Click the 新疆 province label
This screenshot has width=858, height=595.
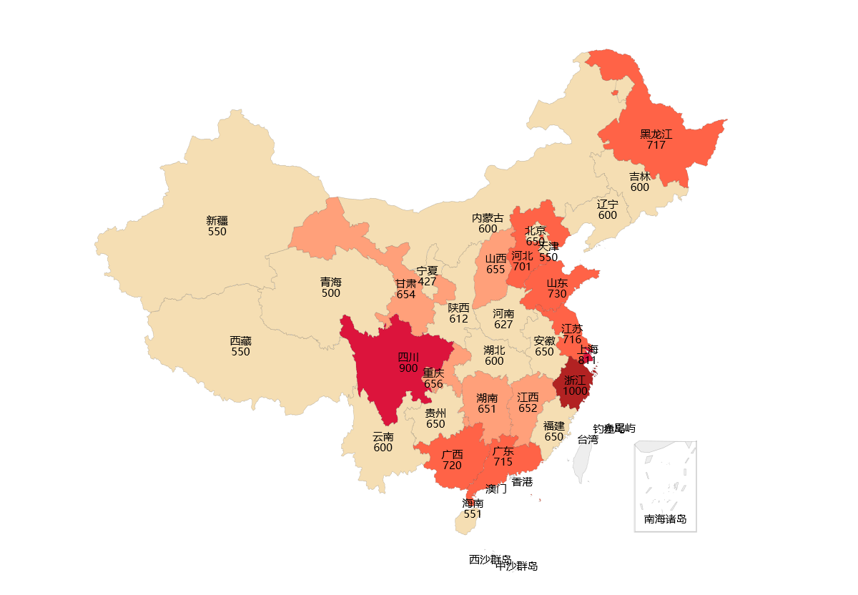[x=217, y=220]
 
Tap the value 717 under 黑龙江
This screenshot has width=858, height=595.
[x=656, y=145]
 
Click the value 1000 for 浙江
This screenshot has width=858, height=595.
[x=575, y=391]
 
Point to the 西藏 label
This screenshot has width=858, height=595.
[x=240, y=341]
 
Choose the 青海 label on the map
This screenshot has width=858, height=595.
[x=330, y=282]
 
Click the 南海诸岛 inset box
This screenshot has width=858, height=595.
[x=665, y=486]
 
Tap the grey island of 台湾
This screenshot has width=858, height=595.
[x=584, y=461]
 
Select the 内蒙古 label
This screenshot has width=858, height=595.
[x=488, y=218]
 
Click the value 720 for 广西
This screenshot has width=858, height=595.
[x=452, y=466]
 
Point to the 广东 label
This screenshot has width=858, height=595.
[x=503, y=451]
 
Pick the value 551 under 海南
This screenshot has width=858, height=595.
[x=472, y=514]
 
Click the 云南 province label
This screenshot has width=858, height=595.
[x=383, y=436]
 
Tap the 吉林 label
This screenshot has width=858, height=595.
[x=640, y=176]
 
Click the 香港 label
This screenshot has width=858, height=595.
[x=522, y=482]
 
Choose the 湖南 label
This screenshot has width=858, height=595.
[x=487, y=398]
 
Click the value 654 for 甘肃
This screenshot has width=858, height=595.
[x=405, y=295]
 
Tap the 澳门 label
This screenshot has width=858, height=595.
[x=495, y=489]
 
